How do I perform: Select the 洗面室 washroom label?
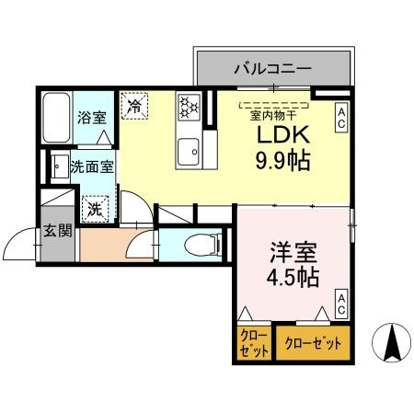pyautogui.click(x=92, y=168)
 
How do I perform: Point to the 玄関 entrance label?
pyautogui.click(x=57, y=230)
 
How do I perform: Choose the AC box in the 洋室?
pyautogui.click(x=340, y=304)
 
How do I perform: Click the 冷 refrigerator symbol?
pyautogui.click(x=134, y=105)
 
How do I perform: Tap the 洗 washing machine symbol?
pyautogui.click(x=95, y=209)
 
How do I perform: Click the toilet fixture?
pyautogui.click(x=201, y=245)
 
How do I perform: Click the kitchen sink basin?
pyautogui.click(x=190, y=147)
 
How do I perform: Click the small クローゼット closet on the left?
pyautogui.click(x=253, y=344)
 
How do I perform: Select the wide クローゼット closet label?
pyautogui.click(x=313, y=344)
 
